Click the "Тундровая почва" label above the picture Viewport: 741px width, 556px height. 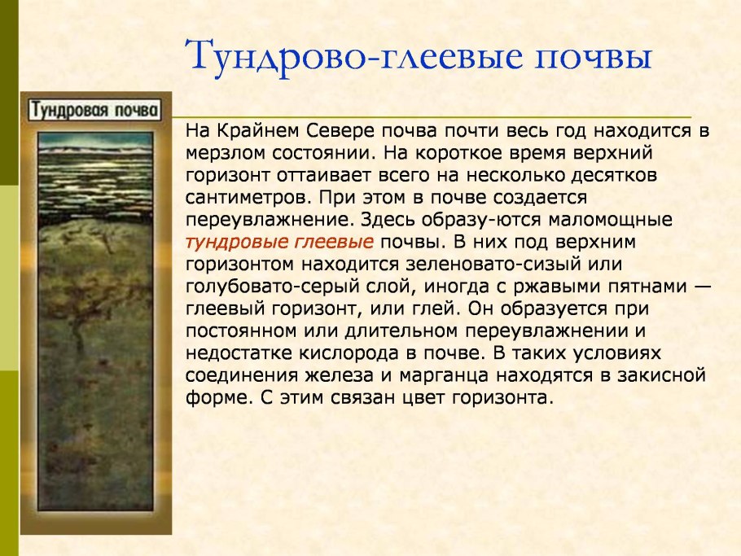tap(95, 111)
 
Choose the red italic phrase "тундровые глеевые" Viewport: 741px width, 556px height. tap(280, 242)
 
